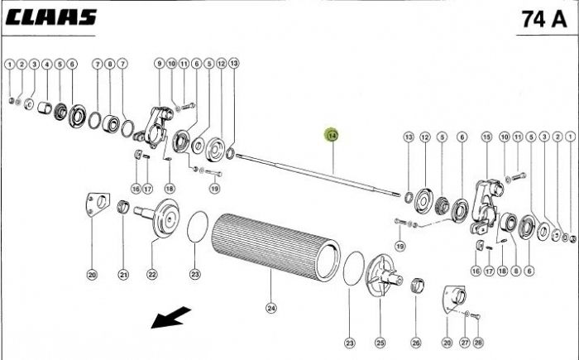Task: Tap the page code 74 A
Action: click(x=543, y=18)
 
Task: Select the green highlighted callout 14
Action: click(x=332, y=135)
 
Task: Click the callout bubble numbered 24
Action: click(x=270, y=309)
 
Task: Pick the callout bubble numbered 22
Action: click(x=152, y=275)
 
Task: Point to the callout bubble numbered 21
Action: click(x=123, y=275)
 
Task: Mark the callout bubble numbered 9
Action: click(x=159, y=63)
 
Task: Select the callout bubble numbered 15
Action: click(x=486, y=137)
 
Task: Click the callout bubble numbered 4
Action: click(x=46, y=63)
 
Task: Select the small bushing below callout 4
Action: click(x=47, y=108)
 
